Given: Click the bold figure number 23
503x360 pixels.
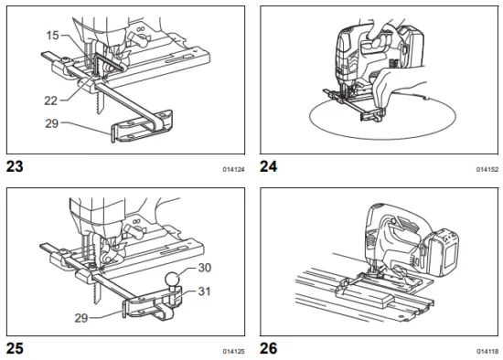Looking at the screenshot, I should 16,166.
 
